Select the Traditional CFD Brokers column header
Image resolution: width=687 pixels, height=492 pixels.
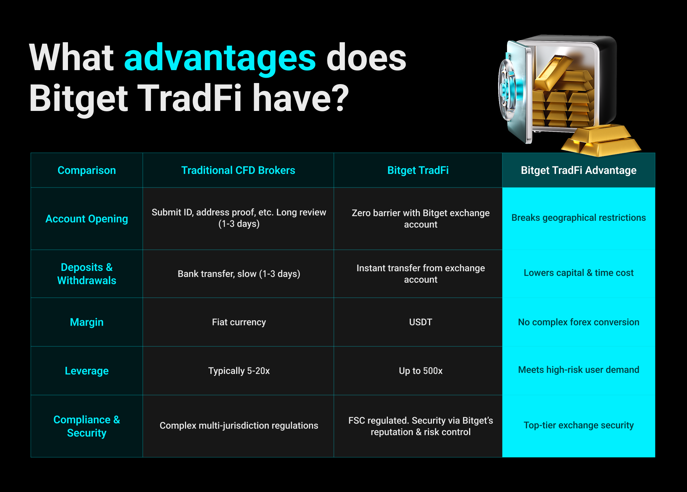click(238, 170)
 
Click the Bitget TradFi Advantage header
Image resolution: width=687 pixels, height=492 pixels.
click(578, 170)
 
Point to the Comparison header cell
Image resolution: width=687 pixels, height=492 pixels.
click(87, 170)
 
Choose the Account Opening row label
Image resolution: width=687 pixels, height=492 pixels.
click(87, 219)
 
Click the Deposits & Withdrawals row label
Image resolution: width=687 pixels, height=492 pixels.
click(87, 274)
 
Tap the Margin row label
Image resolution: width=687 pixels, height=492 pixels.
click(87, 322)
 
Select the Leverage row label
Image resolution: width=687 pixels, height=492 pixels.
click(87, 371)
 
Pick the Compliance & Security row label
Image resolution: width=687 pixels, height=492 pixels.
click(87, 426)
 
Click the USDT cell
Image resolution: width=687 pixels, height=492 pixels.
click(420, 322)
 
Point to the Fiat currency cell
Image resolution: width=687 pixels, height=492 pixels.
click(239, 322)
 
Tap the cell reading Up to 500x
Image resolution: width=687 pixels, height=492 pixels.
click(420, 371)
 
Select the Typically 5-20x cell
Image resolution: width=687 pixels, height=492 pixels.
click(239, 371)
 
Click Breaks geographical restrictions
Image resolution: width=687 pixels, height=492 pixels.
click(578, 218)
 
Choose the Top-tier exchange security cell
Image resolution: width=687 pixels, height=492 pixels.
click(578, 425)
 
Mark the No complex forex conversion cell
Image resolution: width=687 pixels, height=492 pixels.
click(578, 322)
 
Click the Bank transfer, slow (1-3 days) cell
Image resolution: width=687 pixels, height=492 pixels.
click(239, 274)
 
